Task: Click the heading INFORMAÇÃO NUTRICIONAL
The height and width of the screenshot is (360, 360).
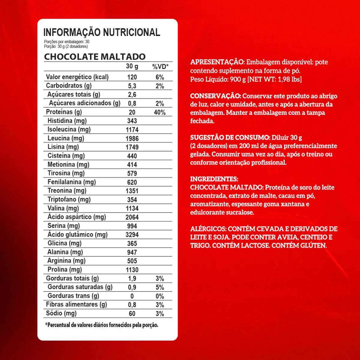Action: click(102, 32)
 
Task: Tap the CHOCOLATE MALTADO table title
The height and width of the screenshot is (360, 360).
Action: click(95, 57)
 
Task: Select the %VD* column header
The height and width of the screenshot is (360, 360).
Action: click(160, 67)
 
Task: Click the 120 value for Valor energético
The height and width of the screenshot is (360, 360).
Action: click(132, 77)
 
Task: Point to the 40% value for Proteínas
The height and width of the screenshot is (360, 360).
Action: click(160, 112)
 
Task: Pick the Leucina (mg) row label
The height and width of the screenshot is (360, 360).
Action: click(66, 138)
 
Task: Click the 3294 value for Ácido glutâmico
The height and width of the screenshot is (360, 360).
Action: click(132, 235)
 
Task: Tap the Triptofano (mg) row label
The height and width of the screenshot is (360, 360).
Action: click(69, 199)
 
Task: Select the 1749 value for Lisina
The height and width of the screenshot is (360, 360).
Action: click(132, 147)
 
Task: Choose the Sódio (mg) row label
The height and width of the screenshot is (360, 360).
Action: click(61, 313)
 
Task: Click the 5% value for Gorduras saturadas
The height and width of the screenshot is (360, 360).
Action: click(160, 287)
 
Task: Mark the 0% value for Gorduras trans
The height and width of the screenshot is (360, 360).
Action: click(160, 296)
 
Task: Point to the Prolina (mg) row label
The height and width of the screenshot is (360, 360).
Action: click(64, 269)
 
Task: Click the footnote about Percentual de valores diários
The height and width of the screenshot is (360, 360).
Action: click(101, 325)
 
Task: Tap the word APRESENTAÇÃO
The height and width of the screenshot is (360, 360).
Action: click(217, 62)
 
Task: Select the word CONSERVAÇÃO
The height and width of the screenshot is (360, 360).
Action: click(215, 96)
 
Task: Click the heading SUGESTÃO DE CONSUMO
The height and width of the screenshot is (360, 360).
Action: click(230, 137)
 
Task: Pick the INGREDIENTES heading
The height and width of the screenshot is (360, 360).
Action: click(214, 179)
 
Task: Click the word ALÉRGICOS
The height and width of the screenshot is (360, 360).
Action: click(208, 229)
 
